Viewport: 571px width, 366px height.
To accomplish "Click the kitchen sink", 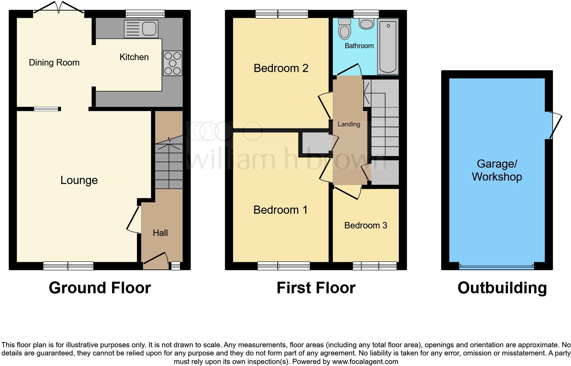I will coord(141,29).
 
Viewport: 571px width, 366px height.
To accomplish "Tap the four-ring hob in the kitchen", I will coord(172,63).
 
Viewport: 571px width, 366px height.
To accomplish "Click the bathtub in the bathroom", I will coord(388,46).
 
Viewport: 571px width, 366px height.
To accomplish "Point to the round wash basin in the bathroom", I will coord(367,24).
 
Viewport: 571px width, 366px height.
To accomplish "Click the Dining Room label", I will coord(54,62).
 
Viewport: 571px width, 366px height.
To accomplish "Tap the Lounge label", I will coord(79,180).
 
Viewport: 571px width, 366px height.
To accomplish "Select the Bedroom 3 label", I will coord(365,225).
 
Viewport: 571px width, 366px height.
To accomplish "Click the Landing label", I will coord(349,124).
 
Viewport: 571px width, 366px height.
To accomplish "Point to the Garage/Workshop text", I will coord(497,170).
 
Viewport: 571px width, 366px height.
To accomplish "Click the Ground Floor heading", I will coord(100,288).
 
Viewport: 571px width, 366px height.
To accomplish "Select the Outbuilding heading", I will coord(502,288).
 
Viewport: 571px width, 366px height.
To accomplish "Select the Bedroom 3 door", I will coord(348,192).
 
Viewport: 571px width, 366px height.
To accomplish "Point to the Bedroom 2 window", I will coord(282,14).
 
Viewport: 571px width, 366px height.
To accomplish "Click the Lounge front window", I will coord(68,266).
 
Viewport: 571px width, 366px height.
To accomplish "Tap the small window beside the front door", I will coord(176,266).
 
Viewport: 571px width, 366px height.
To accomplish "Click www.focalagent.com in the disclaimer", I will coord(365,362).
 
